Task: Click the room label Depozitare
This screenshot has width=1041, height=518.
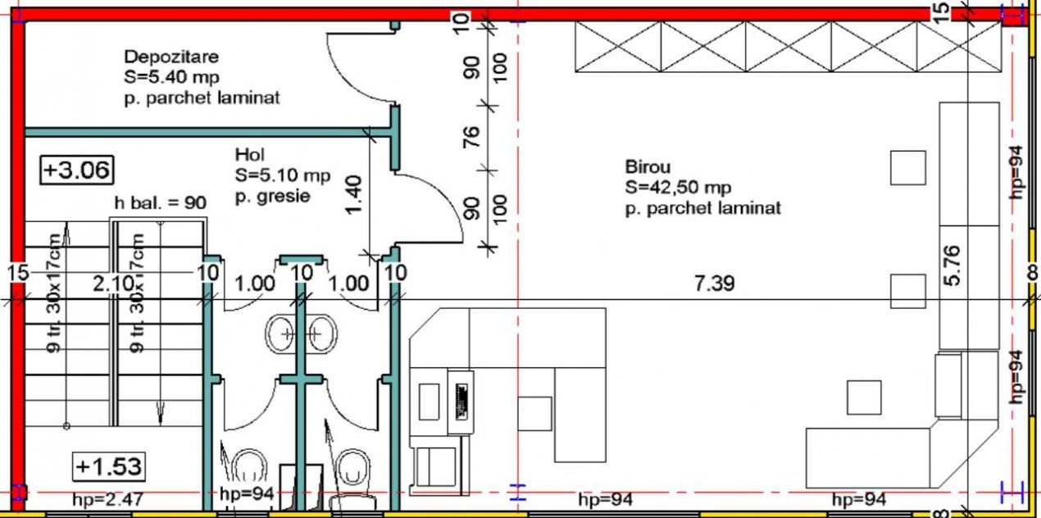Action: [x=171, y=57]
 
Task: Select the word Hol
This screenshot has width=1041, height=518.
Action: [x=249, y=154]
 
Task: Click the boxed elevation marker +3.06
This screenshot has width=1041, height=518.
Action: [x=77, y=170]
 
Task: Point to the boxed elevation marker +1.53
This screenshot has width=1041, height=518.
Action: [x=109, y=466]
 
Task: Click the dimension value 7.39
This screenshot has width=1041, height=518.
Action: [x=714, y=284]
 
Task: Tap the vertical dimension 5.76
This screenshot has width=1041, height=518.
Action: [x=952, y=266]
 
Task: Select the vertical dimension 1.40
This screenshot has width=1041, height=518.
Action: [x=354, y=195]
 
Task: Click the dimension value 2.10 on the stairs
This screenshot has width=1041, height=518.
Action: [x=113, y=284]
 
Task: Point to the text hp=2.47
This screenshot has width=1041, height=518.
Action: [x=108, y=499]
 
